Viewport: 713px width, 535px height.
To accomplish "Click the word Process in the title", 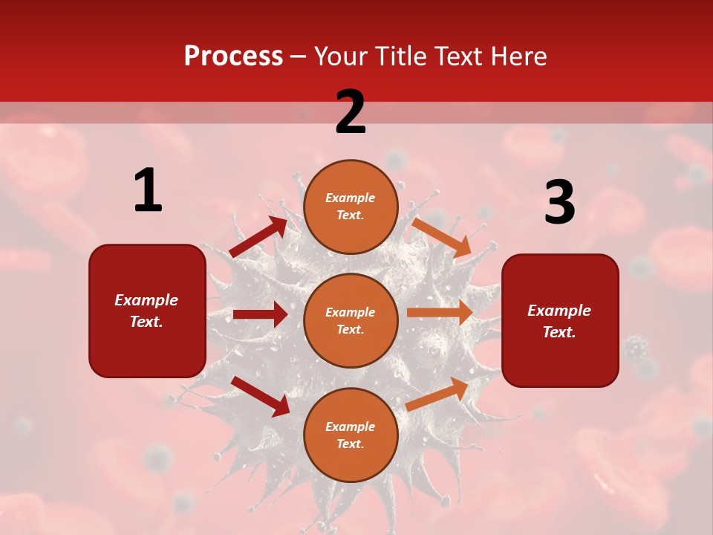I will tap(233, 56).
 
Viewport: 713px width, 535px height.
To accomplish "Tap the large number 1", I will tap(148, 190).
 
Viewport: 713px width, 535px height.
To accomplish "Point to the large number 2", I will tap(351, 111).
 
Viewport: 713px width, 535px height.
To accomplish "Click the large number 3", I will tap(559, 203).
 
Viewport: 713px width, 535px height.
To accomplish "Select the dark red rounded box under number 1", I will tap(147, 311).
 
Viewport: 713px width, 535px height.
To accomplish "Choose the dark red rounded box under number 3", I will tap(560, 320).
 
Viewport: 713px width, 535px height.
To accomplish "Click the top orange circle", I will tap(351, 207).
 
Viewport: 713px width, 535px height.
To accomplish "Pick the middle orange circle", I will tap(351, 320).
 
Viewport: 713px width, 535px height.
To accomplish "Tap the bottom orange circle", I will tap(351, 435).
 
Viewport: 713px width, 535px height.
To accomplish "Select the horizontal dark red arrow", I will tap(260, 314).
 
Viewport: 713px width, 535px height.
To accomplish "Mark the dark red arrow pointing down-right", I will tap(260, 396).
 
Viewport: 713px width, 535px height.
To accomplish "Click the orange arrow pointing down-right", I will tap(442, 238).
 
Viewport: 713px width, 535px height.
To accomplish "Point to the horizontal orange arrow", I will tap(440, 313).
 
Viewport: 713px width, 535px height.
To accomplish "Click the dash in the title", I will tap(299, 56).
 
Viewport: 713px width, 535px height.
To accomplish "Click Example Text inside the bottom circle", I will tap(351, 435).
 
